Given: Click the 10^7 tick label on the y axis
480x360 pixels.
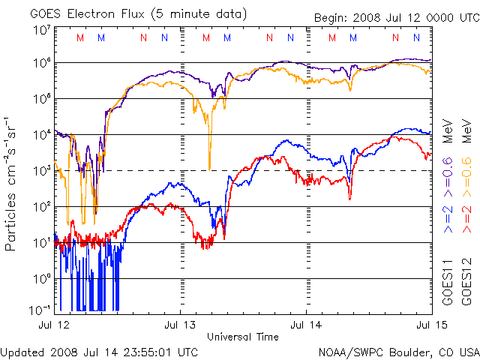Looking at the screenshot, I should click(41, 31).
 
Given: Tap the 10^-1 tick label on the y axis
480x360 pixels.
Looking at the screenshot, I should click(40, 309).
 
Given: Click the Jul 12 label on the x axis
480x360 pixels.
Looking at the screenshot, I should click(53, 325).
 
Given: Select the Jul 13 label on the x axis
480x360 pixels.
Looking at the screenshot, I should click(180, 325).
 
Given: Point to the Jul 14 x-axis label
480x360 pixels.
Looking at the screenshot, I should click(306, 325).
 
